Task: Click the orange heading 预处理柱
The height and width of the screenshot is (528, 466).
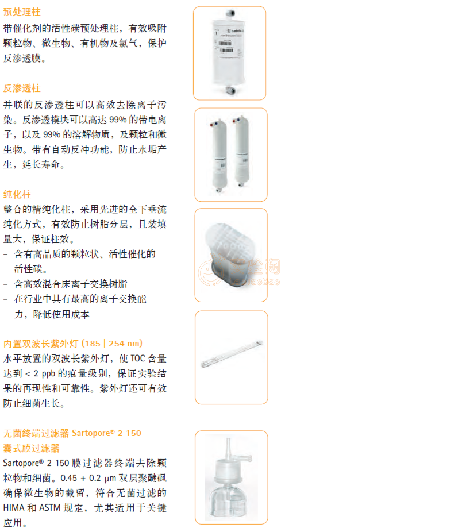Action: point(22,12)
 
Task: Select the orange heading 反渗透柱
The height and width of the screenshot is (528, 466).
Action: point(22,88)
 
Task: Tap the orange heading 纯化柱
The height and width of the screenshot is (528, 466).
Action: point(17,194)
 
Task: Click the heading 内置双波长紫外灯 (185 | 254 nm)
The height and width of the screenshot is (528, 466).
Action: point(73,344)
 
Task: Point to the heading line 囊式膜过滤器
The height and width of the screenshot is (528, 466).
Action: point(31,448)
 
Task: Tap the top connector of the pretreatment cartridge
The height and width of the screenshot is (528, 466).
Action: point(230,14)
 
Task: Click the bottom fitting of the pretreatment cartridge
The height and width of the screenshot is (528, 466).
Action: point(230,90)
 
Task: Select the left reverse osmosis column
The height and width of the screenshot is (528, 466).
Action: point(218,156)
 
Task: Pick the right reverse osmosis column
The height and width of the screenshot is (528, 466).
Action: point(241,152)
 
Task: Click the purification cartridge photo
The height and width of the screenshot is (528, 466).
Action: point(231,255)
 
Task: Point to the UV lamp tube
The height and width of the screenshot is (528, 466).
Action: point(232,353)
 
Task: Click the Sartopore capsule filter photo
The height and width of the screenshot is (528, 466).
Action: point(231,477)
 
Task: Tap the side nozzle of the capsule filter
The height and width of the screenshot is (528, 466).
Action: point(243,457)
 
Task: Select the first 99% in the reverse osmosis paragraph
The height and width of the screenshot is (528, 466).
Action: point(118,120)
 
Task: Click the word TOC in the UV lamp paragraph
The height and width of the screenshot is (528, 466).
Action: point(137,359)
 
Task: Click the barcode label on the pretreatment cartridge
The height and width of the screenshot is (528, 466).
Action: point(226,47)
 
